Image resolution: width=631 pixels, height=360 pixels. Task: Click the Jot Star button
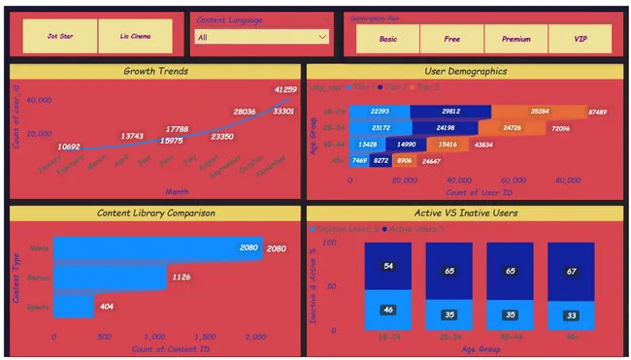pos(60,37)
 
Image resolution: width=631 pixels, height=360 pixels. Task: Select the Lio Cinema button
pos(135,37)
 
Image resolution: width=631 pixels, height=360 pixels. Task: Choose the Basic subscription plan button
pos(388,39)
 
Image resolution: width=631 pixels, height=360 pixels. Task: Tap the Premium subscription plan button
pos(515,39)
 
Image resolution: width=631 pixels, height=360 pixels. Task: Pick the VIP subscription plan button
pos(581,39)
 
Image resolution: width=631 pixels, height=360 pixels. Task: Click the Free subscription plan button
pos(452,39)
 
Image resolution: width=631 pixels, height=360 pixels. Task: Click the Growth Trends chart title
pos(155,71)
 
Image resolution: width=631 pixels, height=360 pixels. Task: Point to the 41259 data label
pos(285,89)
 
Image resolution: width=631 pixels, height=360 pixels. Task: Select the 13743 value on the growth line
pos(132,136)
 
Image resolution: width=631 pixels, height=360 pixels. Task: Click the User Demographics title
pos(465,71)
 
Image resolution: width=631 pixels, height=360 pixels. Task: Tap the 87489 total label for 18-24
pos(598,112)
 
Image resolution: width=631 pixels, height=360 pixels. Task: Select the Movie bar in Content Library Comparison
pos(155,248)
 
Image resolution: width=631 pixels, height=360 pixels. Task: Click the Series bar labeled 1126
pos(109,277)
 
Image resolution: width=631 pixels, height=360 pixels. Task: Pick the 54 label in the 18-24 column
pos(388,266)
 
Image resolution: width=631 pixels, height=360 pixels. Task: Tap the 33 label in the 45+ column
pos(572,314)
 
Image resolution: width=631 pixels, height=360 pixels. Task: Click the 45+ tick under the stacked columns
pos(572,336)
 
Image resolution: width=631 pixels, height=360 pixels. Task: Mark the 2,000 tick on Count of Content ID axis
pos(254,337)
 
